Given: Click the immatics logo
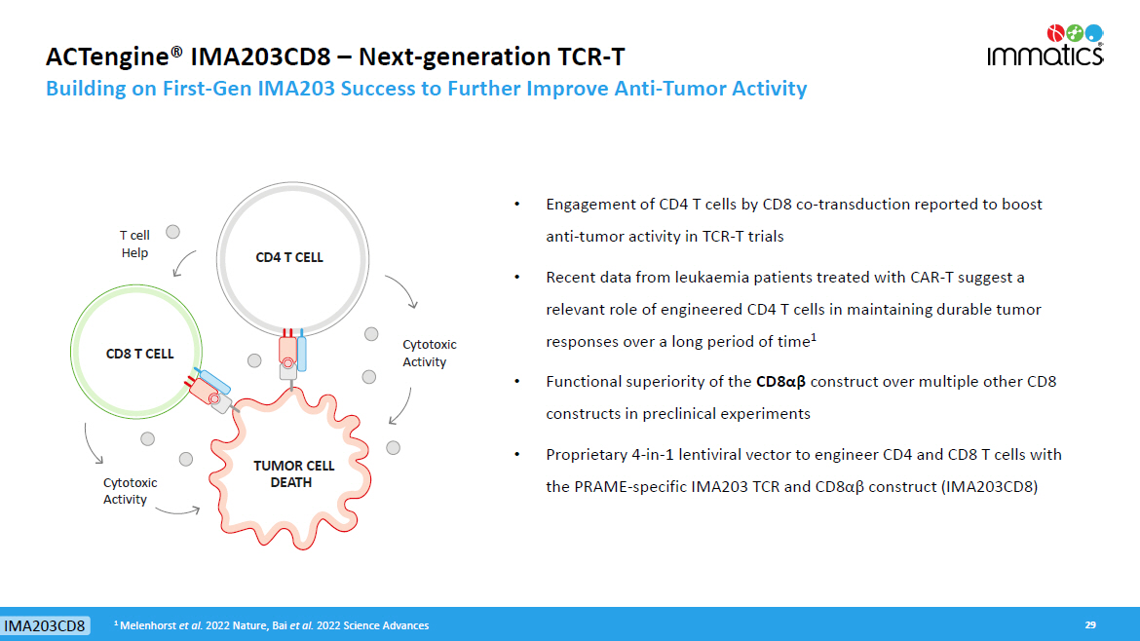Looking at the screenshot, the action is tap(1045, 45).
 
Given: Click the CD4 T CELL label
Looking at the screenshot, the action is tap(289, 257).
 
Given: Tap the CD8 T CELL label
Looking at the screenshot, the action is tap(139, 354).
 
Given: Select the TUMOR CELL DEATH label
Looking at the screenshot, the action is tap(293, 473).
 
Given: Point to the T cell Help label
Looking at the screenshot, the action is tap(134, 245).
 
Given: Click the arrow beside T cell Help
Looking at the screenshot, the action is tap(183, 263).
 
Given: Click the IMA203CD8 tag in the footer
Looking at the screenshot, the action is tap(45, 625).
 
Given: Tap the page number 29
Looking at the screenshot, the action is tap(1090, 625).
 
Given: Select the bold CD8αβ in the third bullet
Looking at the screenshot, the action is tap(780, 382).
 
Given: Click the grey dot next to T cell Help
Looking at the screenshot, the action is tap(172, 232).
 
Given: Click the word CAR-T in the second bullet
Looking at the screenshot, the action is tap(931, 277).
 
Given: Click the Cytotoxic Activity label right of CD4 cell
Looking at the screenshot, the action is tap(429, 354).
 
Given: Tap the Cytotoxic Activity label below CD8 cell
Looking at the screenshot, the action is tap(130, 491).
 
